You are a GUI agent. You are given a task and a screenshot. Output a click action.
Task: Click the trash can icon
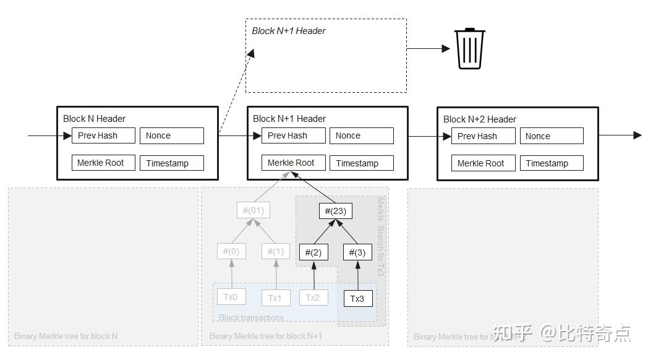[x=470, y=48]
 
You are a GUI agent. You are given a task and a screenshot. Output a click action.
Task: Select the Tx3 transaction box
[x=358, y=299]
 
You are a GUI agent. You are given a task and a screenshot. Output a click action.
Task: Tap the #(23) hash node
[x=336, y=211]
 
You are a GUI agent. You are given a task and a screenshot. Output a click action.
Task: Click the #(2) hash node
[x=314, y=252]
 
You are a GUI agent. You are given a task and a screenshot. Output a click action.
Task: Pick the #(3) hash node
[x=357, y=252]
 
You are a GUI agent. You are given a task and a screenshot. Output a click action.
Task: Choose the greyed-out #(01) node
[x=253, y=210]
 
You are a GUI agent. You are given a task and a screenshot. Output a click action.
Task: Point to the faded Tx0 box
[x=231, y=297]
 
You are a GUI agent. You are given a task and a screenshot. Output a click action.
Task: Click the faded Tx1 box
[x=275, y=298]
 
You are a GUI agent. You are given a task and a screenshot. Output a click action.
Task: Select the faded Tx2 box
[x=313, y=298]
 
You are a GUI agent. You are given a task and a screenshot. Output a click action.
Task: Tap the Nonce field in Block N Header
[x=172, y=136]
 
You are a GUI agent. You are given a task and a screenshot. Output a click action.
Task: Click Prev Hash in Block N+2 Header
[x=484, y=137]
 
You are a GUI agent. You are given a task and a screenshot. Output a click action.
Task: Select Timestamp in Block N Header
[x=172, y=163]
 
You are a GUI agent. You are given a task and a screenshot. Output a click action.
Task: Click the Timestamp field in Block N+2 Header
[x=552, y=164]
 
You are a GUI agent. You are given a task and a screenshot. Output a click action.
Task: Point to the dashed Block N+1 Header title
[x=289, y=31]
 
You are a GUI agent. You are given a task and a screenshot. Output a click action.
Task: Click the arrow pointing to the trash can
[x=428, y=48]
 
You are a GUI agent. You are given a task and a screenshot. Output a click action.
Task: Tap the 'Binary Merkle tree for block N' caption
[x=66, y=336]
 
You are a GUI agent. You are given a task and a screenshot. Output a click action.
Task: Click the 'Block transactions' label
[x=251, y=318]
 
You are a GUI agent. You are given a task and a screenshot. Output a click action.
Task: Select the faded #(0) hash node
[x=231, y=252]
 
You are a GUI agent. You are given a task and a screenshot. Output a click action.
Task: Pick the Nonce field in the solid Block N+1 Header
[x=362, y=136]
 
